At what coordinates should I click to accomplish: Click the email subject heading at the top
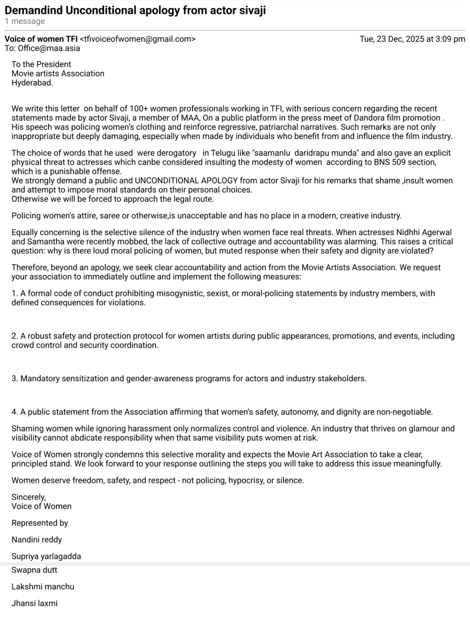135,10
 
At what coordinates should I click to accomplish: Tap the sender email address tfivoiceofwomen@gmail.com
137,39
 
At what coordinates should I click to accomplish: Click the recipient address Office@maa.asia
49,48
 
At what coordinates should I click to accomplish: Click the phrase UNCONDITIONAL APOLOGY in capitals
186,180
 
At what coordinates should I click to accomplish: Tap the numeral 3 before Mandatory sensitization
14,379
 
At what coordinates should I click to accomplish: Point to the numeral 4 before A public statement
14,412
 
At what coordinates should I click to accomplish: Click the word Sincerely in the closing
29,497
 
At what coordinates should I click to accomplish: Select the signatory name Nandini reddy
37,540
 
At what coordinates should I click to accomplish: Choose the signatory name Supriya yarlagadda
46,557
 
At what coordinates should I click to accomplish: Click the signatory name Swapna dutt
34,570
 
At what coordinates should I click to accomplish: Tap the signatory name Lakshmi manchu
43,587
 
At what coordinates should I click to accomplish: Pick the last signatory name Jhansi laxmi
34,604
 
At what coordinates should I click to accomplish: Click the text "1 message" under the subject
25,21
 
